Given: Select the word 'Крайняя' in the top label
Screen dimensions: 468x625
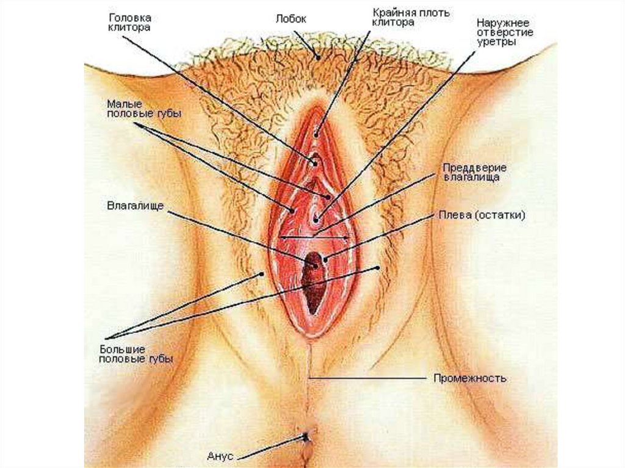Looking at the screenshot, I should (x=393, y=12).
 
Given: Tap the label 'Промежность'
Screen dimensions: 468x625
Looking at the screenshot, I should (x=470, y=378).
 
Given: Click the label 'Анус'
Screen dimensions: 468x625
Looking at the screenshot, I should (x=219, y=455).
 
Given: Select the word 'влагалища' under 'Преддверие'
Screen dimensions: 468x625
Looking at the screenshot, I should (x=472, y=177).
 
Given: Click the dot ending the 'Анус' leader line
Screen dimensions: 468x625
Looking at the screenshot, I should (x=306, y=436).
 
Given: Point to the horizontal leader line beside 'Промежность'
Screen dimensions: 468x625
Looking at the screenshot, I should (x=366, y=378).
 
